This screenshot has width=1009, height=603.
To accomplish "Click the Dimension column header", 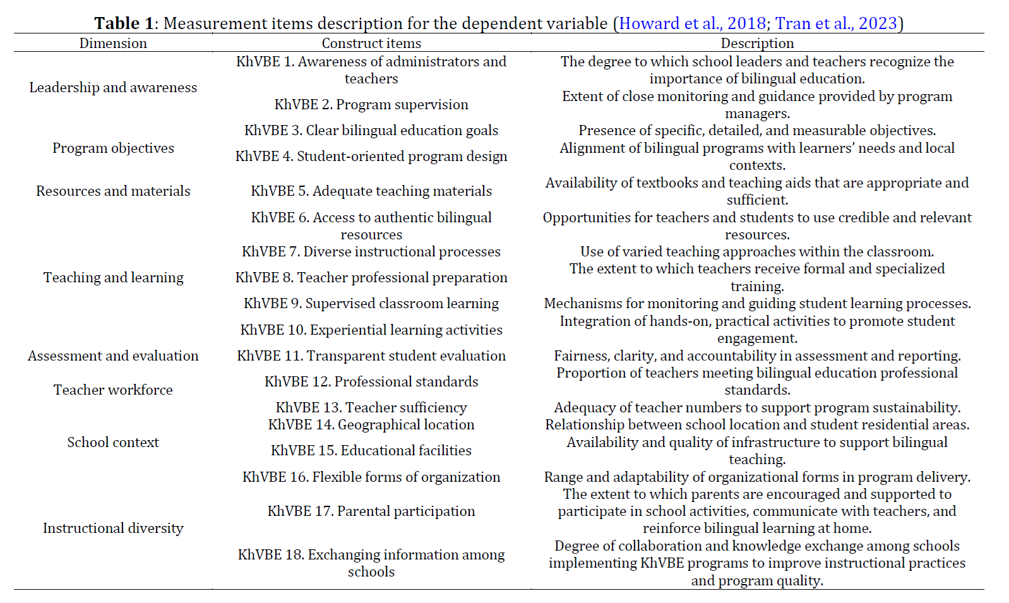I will [x=113, y=43].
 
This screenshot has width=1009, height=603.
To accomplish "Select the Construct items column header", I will [x=371, y=43].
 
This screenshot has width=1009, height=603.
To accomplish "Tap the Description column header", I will [x=757, y=43].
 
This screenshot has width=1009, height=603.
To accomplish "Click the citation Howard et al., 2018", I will [x=692, y=23].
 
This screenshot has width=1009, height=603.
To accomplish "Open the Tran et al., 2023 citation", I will [x=836, y=23].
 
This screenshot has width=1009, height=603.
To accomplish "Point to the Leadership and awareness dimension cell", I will [x=113, y=87].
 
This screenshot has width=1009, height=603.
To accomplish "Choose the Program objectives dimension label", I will [x=113, y=148].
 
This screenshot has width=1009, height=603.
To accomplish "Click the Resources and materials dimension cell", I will [x=113, y=191].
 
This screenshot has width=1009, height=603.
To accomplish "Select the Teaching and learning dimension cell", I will [x=113, y=277].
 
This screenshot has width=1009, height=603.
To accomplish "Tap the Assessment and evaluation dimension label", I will [x=113, y=355].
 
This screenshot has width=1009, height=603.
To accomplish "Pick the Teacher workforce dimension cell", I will [x=113, y=390].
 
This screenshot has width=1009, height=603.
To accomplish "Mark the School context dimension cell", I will [x=113, y=442].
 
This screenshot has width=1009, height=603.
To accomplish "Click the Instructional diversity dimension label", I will [x=113, y=528].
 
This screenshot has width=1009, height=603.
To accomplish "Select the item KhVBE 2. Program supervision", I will [x=371, y=104].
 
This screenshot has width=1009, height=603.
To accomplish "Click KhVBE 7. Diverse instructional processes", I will [x=371, y=251].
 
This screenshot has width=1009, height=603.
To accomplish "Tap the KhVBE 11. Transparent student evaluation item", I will [x=371, y=355].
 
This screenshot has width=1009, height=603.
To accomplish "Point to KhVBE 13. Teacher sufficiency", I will [x=371, y=407].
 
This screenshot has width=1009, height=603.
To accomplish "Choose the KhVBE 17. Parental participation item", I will [x=371, y=511].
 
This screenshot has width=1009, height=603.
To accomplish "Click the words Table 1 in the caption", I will [x=124, y=23].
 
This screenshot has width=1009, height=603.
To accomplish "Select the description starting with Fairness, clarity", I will [x=757, y=355].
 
